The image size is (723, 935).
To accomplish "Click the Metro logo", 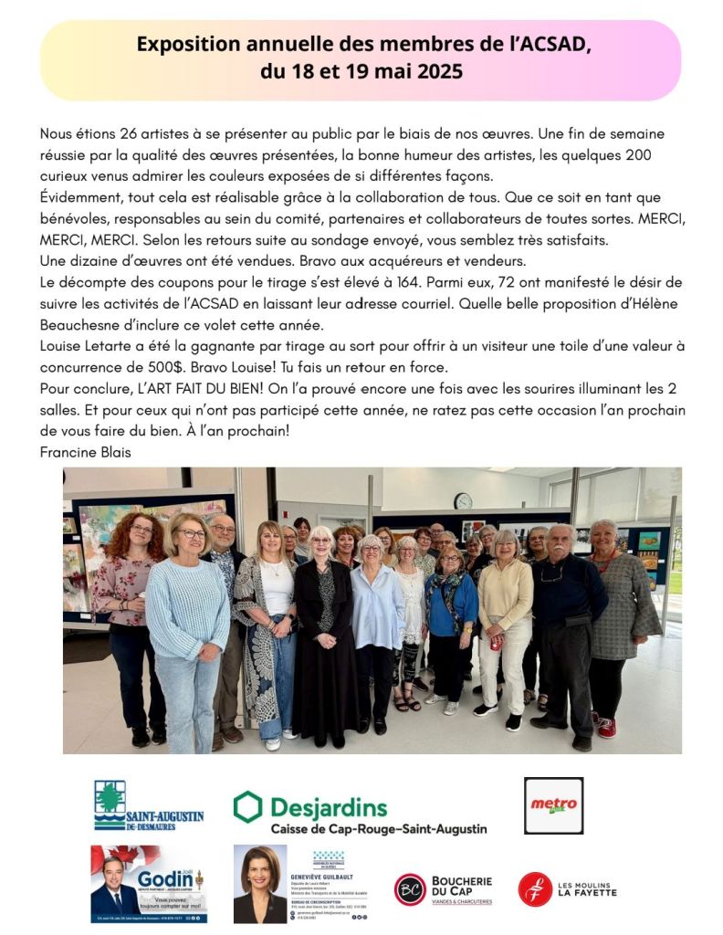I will click(553, 805).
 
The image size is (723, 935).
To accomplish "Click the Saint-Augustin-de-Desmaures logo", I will click(148, 805).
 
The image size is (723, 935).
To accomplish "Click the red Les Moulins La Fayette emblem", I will click(535, 889).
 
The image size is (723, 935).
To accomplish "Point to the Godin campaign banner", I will click(148, 884).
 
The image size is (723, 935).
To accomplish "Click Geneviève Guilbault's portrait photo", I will click(260, 884).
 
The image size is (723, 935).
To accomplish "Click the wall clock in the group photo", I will click(463, 501).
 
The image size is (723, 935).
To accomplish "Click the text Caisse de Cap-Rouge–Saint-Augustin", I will click(379, 829).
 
